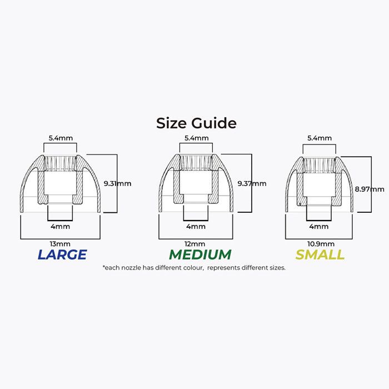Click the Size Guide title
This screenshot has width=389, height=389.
click(x=196, y=123)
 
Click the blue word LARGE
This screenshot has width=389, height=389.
click(x=62, y=255)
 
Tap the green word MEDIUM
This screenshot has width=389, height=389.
click(x=200, y=255)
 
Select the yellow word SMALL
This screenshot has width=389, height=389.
click(x=320, y=255)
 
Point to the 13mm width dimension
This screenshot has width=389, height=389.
click(x=60, y=244)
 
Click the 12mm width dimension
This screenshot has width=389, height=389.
click(x=194, y=244)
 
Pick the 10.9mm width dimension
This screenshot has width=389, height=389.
click(x=321, y=244)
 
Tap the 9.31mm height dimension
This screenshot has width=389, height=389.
click(x=117, y=183)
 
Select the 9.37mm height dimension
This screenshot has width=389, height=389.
click(x=252, y=183)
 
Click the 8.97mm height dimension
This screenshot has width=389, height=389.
click(x=370, y=189)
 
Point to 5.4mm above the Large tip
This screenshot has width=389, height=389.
click(x=61, y=138)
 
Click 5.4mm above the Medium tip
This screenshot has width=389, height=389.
click(x=197, y=138)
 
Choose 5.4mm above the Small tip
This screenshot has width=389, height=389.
click(x=320, y=138)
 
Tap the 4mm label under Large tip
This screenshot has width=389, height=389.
click(x=60, y=227)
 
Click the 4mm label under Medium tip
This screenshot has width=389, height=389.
click(x=196, y=227)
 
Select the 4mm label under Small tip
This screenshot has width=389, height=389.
click(x=319, y=227)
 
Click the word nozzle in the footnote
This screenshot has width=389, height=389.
click(x=131, y=268)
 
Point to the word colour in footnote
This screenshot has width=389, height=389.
click(x=191, y=268)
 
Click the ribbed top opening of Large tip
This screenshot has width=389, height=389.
click(x=60, y=163)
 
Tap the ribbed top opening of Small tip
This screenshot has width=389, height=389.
click(x=320, y=164)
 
